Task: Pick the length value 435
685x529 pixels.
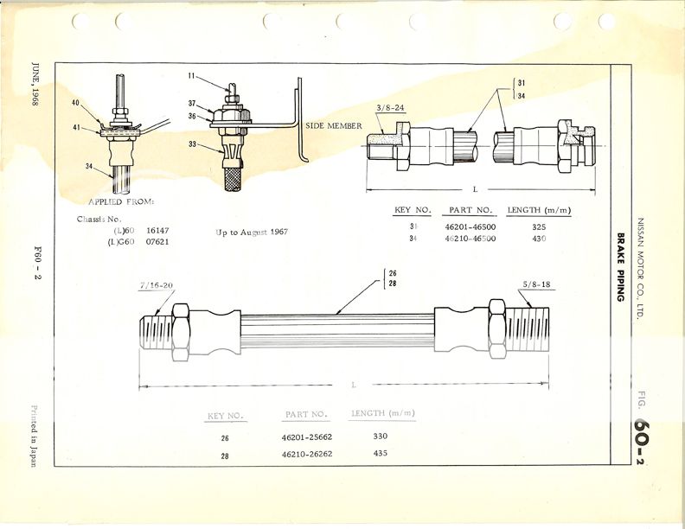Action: point(381,453)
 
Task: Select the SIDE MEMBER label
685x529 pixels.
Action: point(333,126)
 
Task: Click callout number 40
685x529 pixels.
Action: point(76,104)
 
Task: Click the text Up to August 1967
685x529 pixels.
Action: point(252,233)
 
